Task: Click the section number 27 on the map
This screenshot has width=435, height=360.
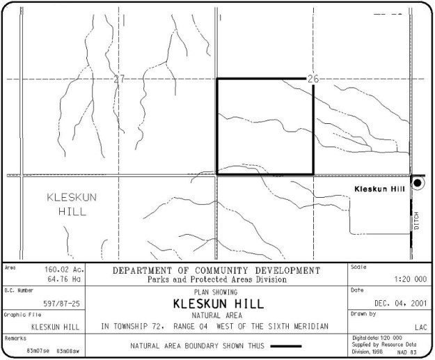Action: (x=118, y=79)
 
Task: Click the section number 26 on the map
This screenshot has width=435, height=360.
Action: (x=313, y=79)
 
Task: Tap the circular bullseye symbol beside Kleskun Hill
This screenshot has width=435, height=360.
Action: (x=418, y=183)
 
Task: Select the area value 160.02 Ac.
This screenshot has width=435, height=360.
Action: (x=65, y=269)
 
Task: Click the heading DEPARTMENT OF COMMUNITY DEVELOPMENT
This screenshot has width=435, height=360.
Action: (x=216, y=270)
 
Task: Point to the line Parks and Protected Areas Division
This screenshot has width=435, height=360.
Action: (x=216, y=279)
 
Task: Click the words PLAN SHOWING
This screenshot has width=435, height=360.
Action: (x=216, y=292)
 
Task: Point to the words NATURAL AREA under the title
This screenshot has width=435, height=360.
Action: (x=216, y=315)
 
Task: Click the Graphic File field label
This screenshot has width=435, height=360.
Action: (x=19, y=315)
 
